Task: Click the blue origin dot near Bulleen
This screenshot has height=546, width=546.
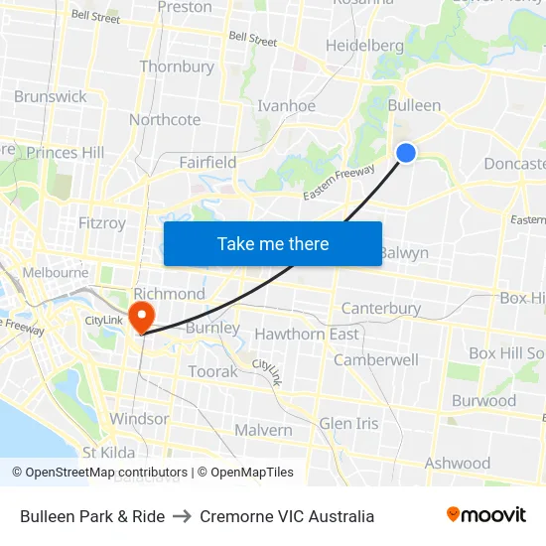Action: [x=406, y=152]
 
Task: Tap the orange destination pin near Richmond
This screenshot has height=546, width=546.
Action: [x=143, y=316]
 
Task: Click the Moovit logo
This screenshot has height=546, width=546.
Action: [x=485, y=515]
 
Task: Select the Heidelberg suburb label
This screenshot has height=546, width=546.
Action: [x=364, y=46]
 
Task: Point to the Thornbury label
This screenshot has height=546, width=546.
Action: [x=177, y=68]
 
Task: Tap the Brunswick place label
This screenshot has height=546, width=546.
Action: [x=51, y=96]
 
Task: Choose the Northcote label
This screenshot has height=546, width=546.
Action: [x=165, y=120]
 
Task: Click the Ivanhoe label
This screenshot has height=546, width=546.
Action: [x=286, y=106]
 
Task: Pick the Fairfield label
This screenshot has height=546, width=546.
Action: [x=207, y=162]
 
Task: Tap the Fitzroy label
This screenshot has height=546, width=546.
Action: [x=101, y=223]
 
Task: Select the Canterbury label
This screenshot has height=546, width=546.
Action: [x=381, y=309]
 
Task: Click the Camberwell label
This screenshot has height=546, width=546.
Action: [x=375, y=360]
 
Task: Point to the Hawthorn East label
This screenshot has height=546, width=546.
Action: [x=307, y=335]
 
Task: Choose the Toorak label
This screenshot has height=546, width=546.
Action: [x=213, y=371]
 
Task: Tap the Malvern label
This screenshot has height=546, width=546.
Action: [x=263, y=430]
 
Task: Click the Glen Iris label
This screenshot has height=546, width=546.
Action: [x=348, y=423]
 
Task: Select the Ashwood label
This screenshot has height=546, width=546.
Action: [x=458, y=463]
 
